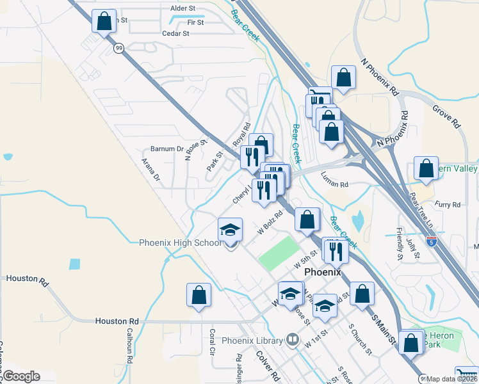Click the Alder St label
click(183, 8)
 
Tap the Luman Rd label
click(334, 184)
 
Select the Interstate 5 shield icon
click(432, 241)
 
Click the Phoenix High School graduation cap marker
click(231, 231)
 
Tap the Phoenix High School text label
click(181, 243)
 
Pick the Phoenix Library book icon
click(293, 339)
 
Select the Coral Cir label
click(212, 343)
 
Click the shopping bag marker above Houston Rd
click(199, 295)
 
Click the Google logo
click(21, 376)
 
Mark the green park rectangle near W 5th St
click(279, 253)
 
